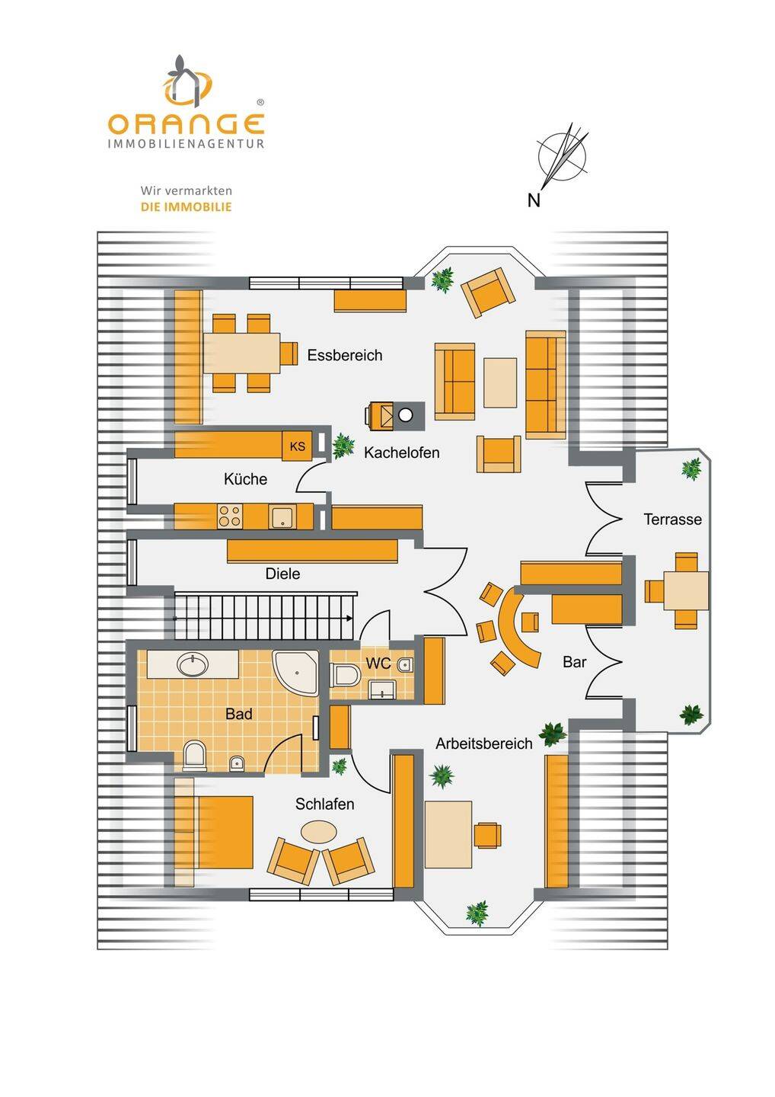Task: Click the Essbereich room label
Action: click(x=344, y=355)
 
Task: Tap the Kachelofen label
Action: click(x=401, y=453)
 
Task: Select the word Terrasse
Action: click(x=672, y=520)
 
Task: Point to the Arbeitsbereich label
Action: click(x=483, y=744)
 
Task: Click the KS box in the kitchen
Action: click(x=297, y=446)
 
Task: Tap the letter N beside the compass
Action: click(x=534, y=200)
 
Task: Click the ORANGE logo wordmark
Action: click(x=186, y=123)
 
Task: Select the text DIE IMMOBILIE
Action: click(x=186, y=206)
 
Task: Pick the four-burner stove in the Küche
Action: click(x=229, y=517)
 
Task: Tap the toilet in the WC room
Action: click(x=346, y=674)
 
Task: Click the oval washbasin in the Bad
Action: click(x=193, y=665)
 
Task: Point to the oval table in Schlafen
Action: click(x=317, y=831)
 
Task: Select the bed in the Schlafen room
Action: click(x=215, y=833)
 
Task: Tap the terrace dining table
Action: click(x=685, y=590)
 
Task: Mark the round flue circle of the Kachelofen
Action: click(x=406, y=414)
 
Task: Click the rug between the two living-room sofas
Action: click(x=500, y=382)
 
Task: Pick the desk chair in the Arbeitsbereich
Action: click(x=487, y=835)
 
